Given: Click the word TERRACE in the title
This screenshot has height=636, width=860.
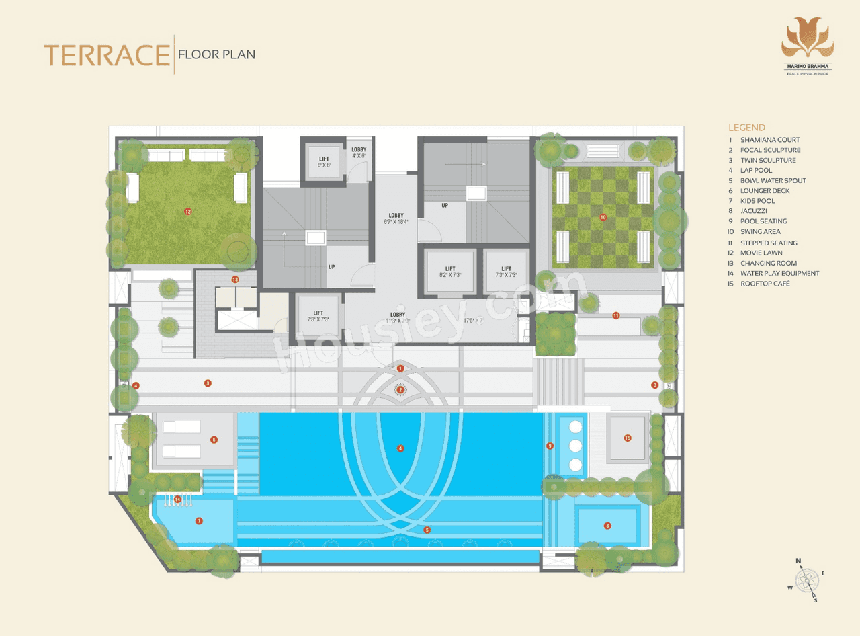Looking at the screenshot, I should point(106,55).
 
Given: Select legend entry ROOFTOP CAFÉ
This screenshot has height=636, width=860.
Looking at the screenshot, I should point(765,284).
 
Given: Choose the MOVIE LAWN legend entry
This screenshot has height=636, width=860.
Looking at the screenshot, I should point(761,253).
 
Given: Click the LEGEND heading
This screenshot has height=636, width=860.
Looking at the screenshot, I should point(746,127).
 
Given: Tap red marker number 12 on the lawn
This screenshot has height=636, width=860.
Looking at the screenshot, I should point(188,212).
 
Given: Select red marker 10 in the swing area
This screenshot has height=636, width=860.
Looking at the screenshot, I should point(603,217).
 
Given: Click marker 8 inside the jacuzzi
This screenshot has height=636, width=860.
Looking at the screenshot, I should point(608,526).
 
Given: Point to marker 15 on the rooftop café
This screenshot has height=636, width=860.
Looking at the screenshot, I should point(628,438).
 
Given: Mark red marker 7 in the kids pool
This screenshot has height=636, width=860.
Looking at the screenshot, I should point(199,521).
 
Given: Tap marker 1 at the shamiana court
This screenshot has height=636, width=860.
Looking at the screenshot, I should point(400,368).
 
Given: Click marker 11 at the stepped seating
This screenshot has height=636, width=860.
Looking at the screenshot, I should point(615,315).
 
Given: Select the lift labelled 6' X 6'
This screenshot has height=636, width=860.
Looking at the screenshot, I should point(324,162).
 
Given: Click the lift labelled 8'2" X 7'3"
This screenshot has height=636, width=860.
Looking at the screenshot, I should point(446,272).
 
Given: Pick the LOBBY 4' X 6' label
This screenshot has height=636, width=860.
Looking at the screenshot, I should point(358,152).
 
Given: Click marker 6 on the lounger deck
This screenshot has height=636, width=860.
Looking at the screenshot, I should point(214,440).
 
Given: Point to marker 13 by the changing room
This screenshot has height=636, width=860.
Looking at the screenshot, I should point(235,279).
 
